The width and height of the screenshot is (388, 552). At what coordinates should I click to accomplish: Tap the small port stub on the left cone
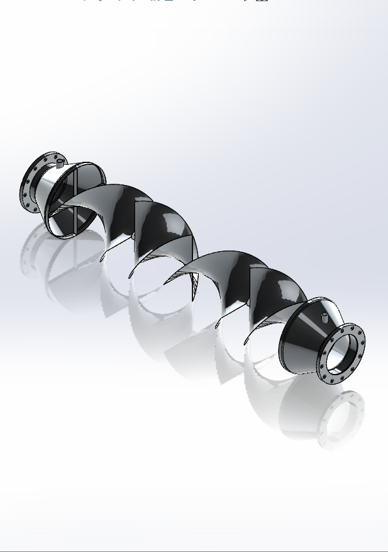(60, 162)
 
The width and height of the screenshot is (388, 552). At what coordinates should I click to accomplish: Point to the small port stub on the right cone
(324, 317)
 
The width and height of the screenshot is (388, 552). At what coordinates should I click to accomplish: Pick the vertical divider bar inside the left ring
(75, 201)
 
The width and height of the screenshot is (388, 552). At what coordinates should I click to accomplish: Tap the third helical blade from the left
(220, 271)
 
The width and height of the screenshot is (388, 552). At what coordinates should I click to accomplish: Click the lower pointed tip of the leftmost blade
(102, 259)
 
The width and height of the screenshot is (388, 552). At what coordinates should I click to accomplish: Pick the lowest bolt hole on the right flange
(332, 380)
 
